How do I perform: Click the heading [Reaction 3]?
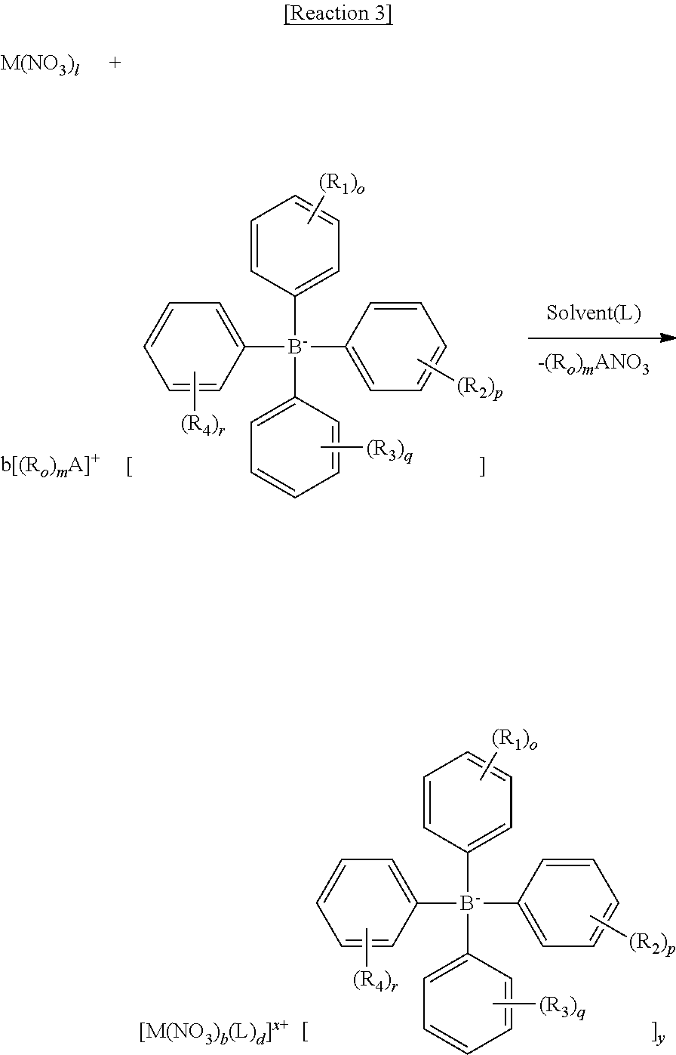click(x=338, y=14)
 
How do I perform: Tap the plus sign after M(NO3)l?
click(x=115, y=63)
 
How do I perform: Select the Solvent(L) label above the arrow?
click(x=593, y=313)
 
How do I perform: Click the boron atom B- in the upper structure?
click(x=296, y=347)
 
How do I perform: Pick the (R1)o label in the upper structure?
click(x=344, y=184)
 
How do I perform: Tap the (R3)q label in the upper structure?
click(x=389, y=451)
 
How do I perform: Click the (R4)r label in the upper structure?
click(x=201, y=425)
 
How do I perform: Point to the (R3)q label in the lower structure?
click(x=561, y=1005)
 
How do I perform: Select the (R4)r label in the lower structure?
click(x=375, y=981)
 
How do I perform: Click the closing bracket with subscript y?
click(x=656, y=1030)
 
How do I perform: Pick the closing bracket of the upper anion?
click(x=482, y=468)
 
